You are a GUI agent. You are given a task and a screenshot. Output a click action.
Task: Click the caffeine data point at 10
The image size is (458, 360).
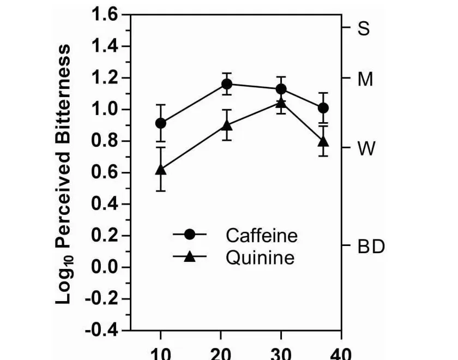click(x=161, y=123)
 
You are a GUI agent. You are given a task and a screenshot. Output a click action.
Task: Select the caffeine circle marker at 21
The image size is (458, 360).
click(x=227, y=84)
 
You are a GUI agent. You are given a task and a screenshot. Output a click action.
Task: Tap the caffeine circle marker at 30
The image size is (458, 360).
click(x=281, y=89)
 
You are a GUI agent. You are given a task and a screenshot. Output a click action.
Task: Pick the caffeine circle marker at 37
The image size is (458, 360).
click(x=323, y=108)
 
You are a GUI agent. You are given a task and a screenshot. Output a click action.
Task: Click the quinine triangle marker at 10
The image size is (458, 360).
click(x=161, y=170)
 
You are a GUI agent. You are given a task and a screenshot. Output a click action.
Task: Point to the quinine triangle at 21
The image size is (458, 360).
click(x=227, y=126)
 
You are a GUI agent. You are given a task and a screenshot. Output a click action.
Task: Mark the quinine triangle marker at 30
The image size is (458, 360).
click(x=281, y=103)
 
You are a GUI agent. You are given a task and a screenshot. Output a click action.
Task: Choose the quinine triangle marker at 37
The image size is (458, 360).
click(x=323, y=141)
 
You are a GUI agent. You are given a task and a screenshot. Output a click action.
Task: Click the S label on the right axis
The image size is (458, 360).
click(x=364, y=29)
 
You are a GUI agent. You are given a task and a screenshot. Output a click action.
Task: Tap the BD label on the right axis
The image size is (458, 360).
click(x=371, y=247)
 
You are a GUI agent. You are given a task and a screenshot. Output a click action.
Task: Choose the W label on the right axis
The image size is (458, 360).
click(x=366, y=148)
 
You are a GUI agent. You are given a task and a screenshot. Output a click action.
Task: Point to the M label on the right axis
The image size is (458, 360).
click(x=365, y=80)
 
